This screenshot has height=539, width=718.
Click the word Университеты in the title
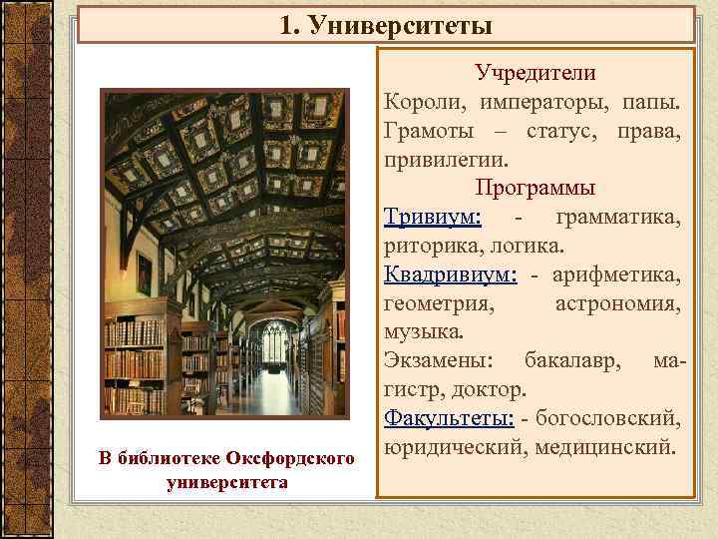point(400,23)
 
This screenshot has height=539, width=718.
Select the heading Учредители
point(535,73)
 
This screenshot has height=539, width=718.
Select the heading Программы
point(535,187)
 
